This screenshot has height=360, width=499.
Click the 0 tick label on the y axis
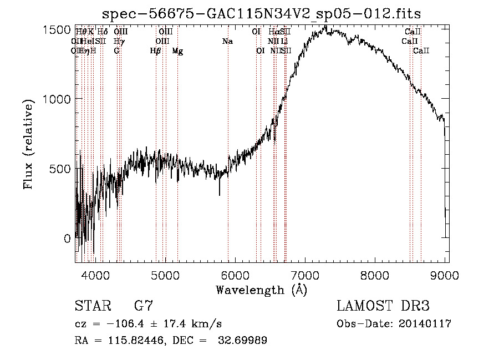(68, 239)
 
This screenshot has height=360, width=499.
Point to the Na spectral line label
(227, 42)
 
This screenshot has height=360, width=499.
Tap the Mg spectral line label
(177, 51)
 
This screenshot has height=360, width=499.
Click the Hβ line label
(156, 51)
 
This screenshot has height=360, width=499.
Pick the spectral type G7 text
(144, 306)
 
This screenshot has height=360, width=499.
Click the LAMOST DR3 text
(383, 306)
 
